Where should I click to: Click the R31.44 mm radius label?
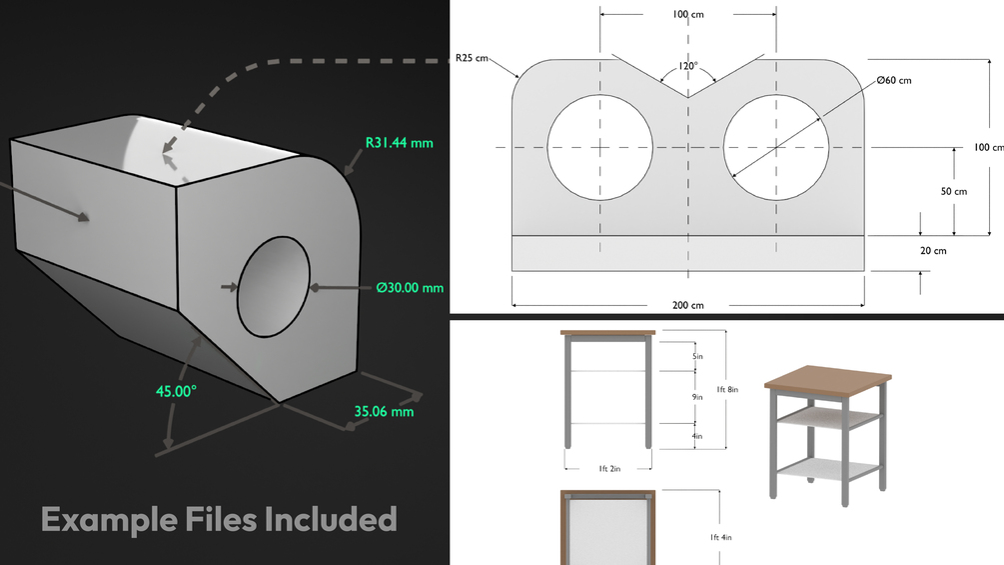(x=399, y=143)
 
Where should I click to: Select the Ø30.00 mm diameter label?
(x=410, y=288)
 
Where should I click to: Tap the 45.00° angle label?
(x=176, y=391)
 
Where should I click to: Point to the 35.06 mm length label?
(x=385, y=411)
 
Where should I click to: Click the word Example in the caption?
(x=110, y=520)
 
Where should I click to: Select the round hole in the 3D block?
(x=274, y=287)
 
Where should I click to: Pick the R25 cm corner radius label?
(x=472, y=58)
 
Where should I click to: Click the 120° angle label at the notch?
(x=688, y=66)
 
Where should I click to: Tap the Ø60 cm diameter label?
(x=894, y=80)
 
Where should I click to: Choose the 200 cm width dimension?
(x=687, y=305)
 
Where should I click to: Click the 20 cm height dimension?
(x=933, y=250)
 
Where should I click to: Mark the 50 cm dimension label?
(x=953, y=192)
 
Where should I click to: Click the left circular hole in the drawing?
(x=600, y=147)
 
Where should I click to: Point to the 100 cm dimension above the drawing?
(x=688, y=14)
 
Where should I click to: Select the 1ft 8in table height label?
(x=727, y=389)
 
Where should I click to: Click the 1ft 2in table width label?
(x=609, y=469)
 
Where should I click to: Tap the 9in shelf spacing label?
(x=697, y=397)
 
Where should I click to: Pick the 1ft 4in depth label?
(x=720, y=537)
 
